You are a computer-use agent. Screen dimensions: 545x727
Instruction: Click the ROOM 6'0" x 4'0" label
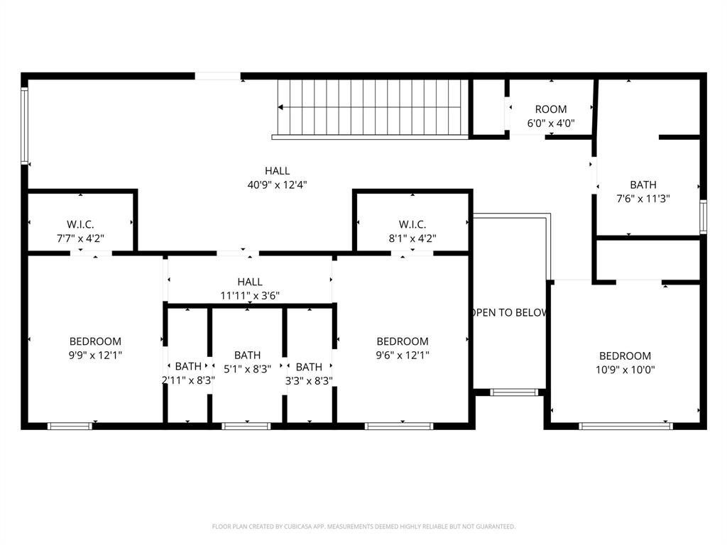pos(550,116)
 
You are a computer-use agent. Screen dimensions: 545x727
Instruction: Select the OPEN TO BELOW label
pos(509,313)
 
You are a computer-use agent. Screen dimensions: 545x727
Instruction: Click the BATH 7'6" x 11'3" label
pos(643,192)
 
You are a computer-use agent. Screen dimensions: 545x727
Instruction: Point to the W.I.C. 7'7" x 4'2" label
pos(80,231)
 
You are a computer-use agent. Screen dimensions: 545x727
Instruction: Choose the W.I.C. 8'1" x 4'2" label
pos(412,231)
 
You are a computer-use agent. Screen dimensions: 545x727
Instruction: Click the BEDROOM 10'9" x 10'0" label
pos(625,363)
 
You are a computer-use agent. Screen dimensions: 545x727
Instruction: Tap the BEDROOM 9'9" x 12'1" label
pos(95,348)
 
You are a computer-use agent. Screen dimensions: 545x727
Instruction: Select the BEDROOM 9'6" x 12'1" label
pos(403,348)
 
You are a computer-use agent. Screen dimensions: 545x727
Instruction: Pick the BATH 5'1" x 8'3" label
pos(247,361)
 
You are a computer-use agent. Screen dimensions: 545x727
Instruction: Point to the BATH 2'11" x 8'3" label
pos(188,373)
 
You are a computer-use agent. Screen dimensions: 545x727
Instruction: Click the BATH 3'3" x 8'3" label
pos(308,373)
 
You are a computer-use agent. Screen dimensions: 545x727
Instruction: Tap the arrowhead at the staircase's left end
pos(280,108)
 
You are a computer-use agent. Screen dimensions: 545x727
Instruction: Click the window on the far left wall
pos(25,126)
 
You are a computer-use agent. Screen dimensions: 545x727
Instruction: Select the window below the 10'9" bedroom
pos(625,426)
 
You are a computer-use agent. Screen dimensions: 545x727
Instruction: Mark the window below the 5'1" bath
pos(246,426)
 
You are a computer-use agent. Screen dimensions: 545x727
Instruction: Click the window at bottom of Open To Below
pos(515,392)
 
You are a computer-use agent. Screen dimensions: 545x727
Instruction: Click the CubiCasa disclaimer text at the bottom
pos(363,527)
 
